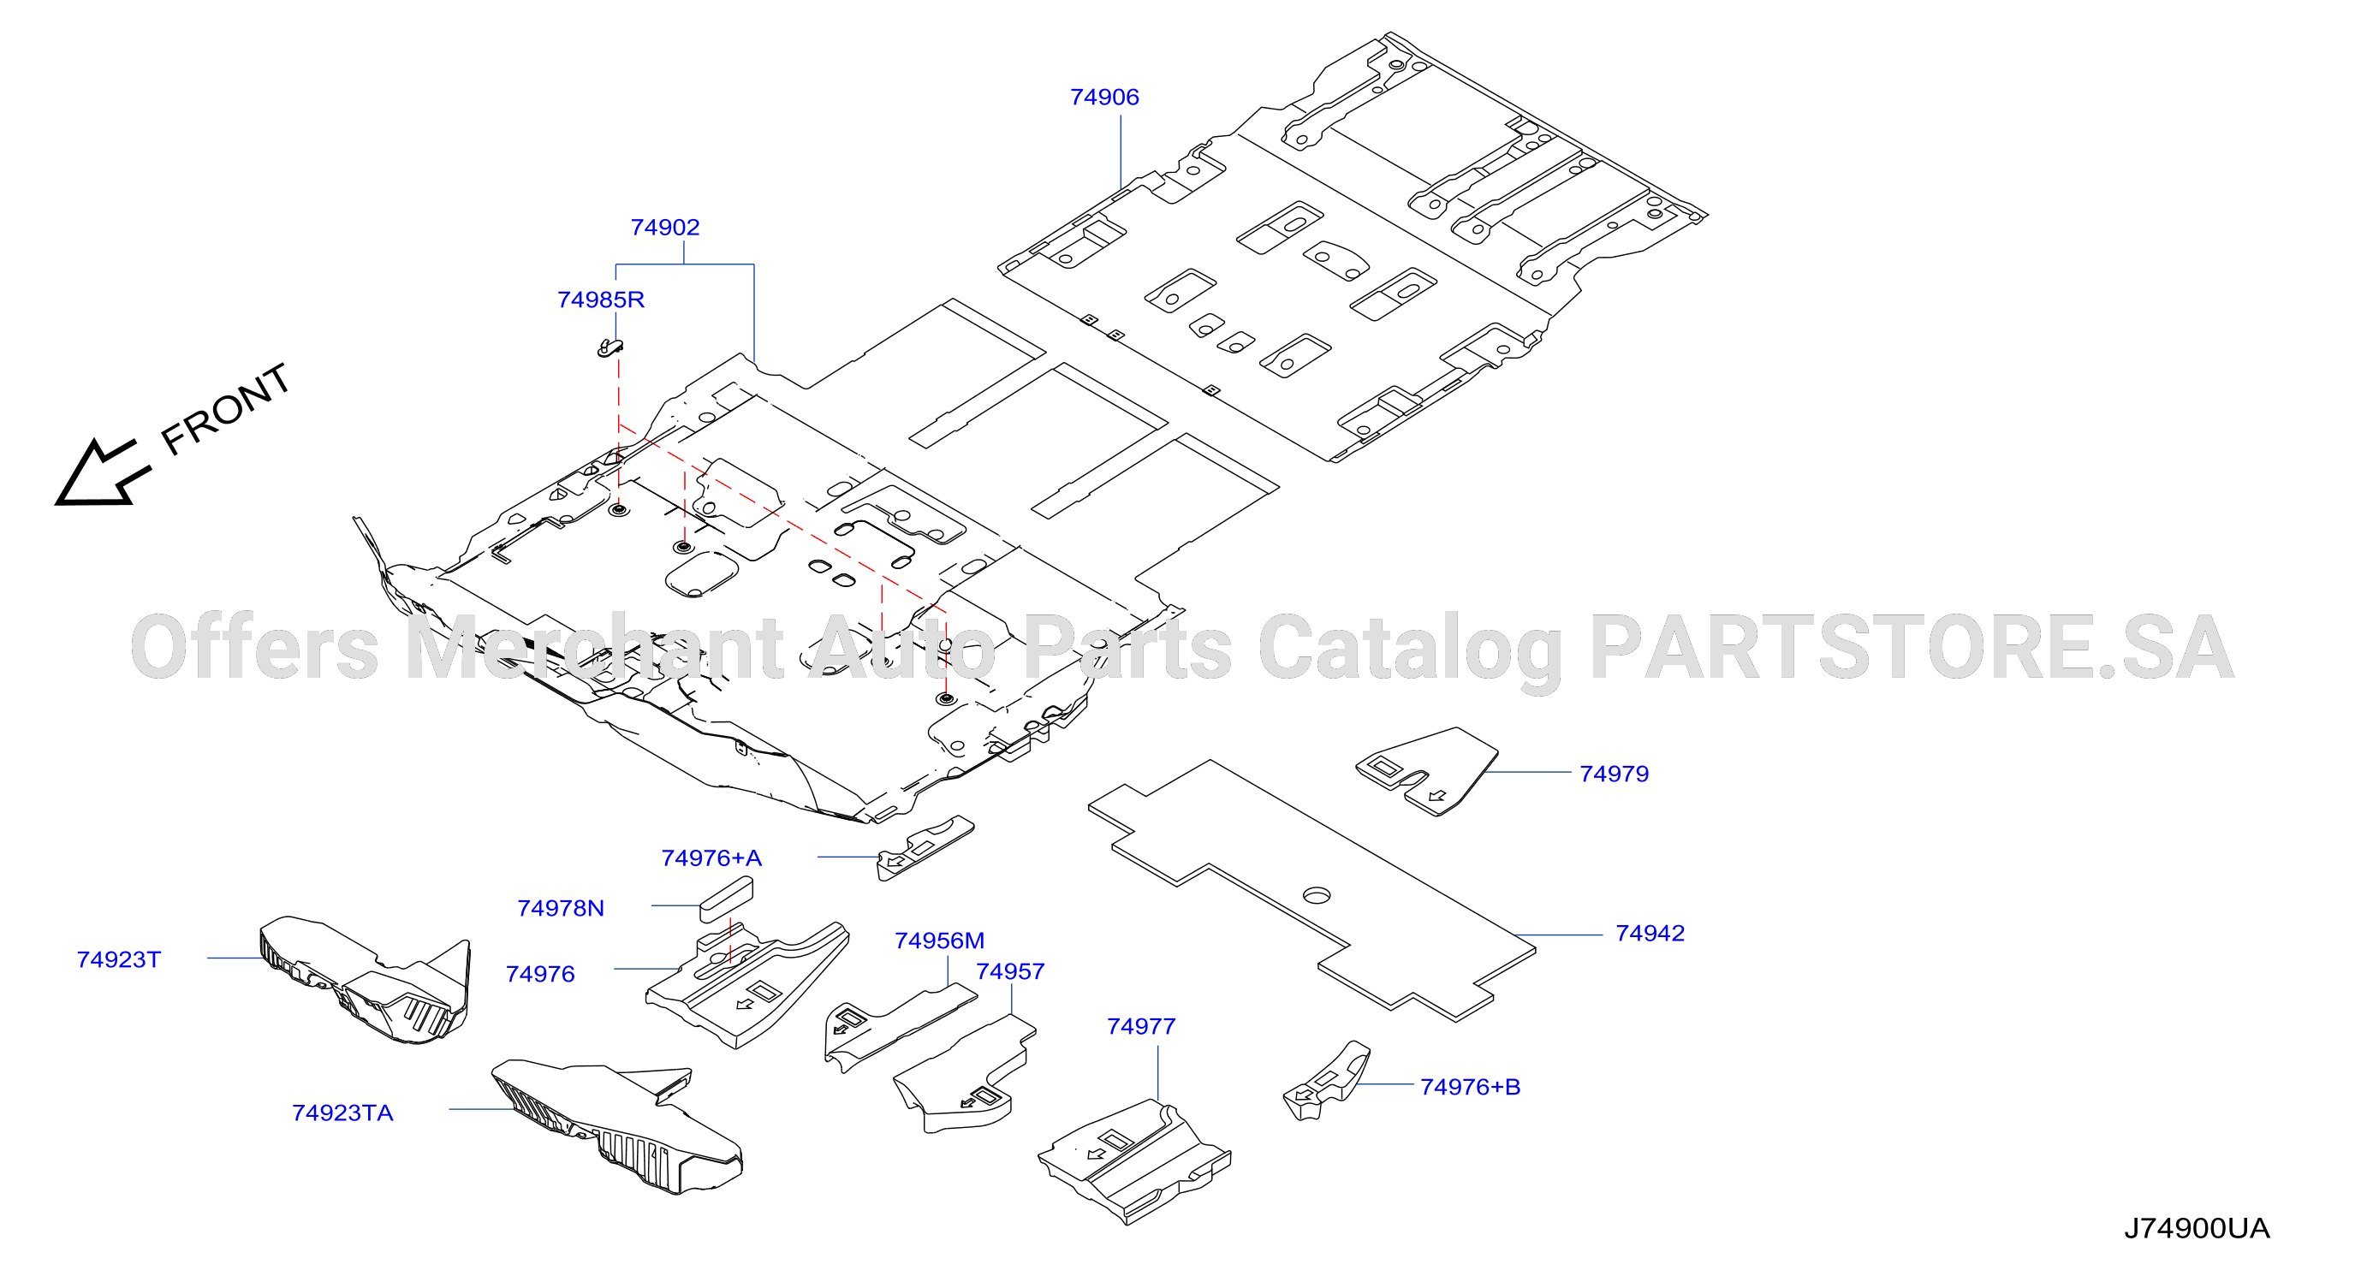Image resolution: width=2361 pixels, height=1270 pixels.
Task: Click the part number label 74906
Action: click(x=1104, y=97)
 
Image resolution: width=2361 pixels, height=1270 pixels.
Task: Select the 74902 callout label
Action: click(x=664, y=228)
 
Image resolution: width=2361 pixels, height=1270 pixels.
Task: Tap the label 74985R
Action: click(x=600, y=300)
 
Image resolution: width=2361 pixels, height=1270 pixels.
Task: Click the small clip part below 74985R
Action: click(x=610, y=347)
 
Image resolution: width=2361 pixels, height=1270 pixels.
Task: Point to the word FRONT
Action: click(x=225, y=409)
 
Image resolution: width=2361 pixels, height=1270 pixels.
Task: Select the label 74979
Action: click(x=1614, y=774)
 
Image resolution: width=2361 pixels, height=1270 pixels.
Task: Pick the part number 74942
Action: click(x=1650, y=934)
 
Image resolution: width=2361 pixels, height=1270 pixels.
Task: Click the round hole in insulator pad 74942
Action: click(x=1316, y=895)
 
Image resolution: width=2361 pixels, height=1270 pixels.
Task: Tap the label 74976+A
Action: click(x=711, y=858)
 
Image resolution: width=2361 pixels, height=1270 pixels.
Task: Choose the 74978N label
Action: click(x=561, y=909)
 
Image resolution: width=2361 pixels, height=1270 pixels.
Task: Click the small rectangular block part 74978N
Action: click(x=727, y=899)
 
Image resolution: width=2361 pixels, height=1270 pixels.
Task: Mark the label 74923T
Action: click(x=119, y=960)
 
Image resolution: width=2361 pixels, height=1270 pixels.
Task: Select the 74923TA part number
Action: click(x=342, y=1113)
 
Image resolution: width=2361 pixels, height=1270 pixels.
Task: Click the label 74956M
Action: click(x=939, y=941)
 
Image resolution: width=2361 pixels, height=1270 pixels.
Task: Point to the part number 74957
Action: click(x=1010, y=972)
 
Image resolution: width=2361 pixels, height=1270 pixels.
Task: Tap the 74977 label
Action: click(x=1141, y=1027)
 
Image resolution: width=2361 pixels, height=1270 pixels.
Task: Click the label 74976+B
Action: click(x=1470, y=1088)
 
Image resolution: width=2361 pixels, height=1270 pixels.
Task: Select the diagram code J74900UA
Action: click(x=2197, y=1229)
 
